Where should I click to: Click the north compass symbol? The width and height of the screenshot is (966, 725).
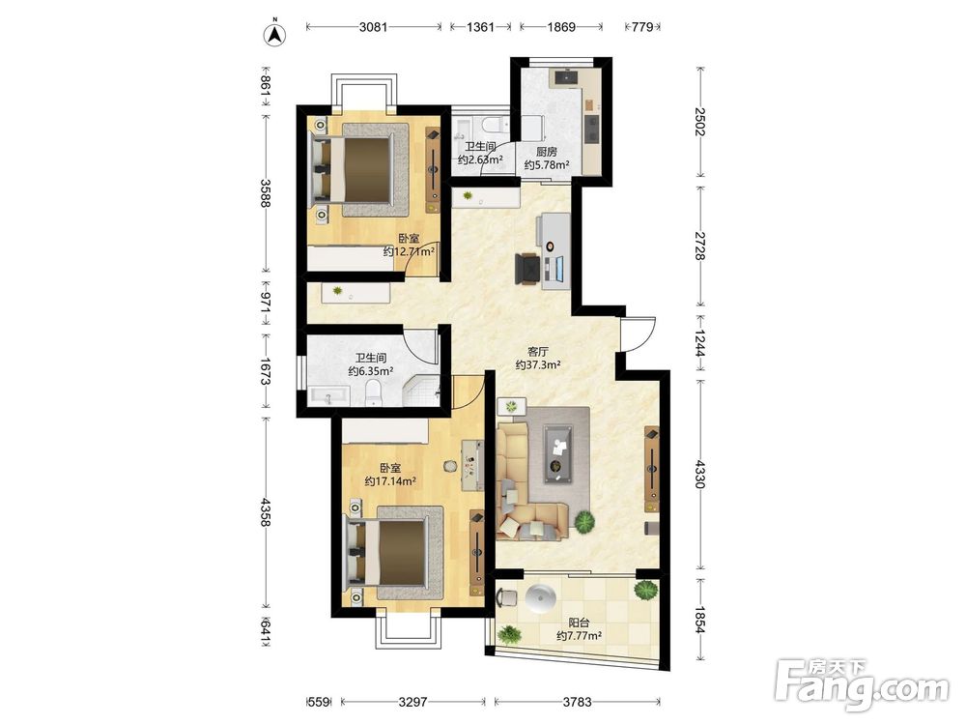275,35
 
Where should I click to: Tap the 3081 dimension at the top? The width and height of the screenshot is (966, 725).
373,27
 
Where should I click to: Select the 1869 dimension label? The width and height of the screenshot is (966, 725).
561,27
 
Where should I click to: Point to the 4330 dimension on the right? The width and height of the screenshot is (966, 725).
698,474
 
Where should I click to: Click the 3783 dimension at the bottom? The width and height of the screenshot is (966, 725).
578,702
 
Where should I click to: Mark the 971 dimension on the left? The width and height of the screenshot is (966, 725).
266,303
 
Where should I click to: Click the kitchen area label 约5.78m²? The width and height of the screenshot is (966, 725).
547,165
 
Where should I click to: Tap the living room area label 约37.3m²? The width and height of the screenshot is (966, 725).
538,365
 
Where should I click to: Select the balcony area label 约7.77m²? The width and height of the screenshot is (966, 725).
579,636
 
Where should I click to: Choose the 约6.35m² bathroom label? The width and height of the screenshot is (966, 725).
371,371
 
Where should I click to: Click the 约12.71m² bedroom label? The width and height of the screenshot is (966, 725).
409,251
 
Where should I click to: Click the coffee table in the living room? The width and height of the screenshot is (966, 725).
559,454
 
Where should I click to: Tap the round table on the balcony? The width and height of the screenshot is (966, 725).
542,597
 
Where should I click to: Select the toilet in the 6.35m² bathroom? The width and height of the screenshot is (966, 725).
374,393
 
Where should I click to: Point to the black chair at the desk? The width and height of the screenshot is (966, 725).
527,269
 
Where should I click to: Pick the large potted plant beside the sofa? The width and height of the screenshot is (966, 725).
584,522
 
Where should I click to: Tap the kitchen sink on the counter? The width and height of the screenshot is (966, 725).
567,77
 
